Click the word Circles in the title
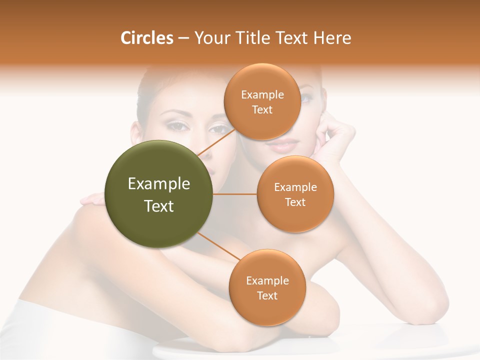point(146,38)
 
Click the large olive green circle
point(159,194)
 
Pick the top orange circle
point(262,102)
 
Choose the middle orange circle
point(295,194)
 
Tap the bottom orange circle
point(267,287)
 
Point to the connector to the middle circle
point(234,194)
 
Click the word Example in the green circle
point(159,184)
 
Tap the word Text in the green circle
point(159,206)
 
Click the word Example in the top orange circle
point(262,95)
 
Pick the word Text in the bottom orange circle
point(267,295)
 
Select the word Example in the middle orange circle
point(295,187)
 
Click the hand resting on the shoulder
point(92,200)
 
